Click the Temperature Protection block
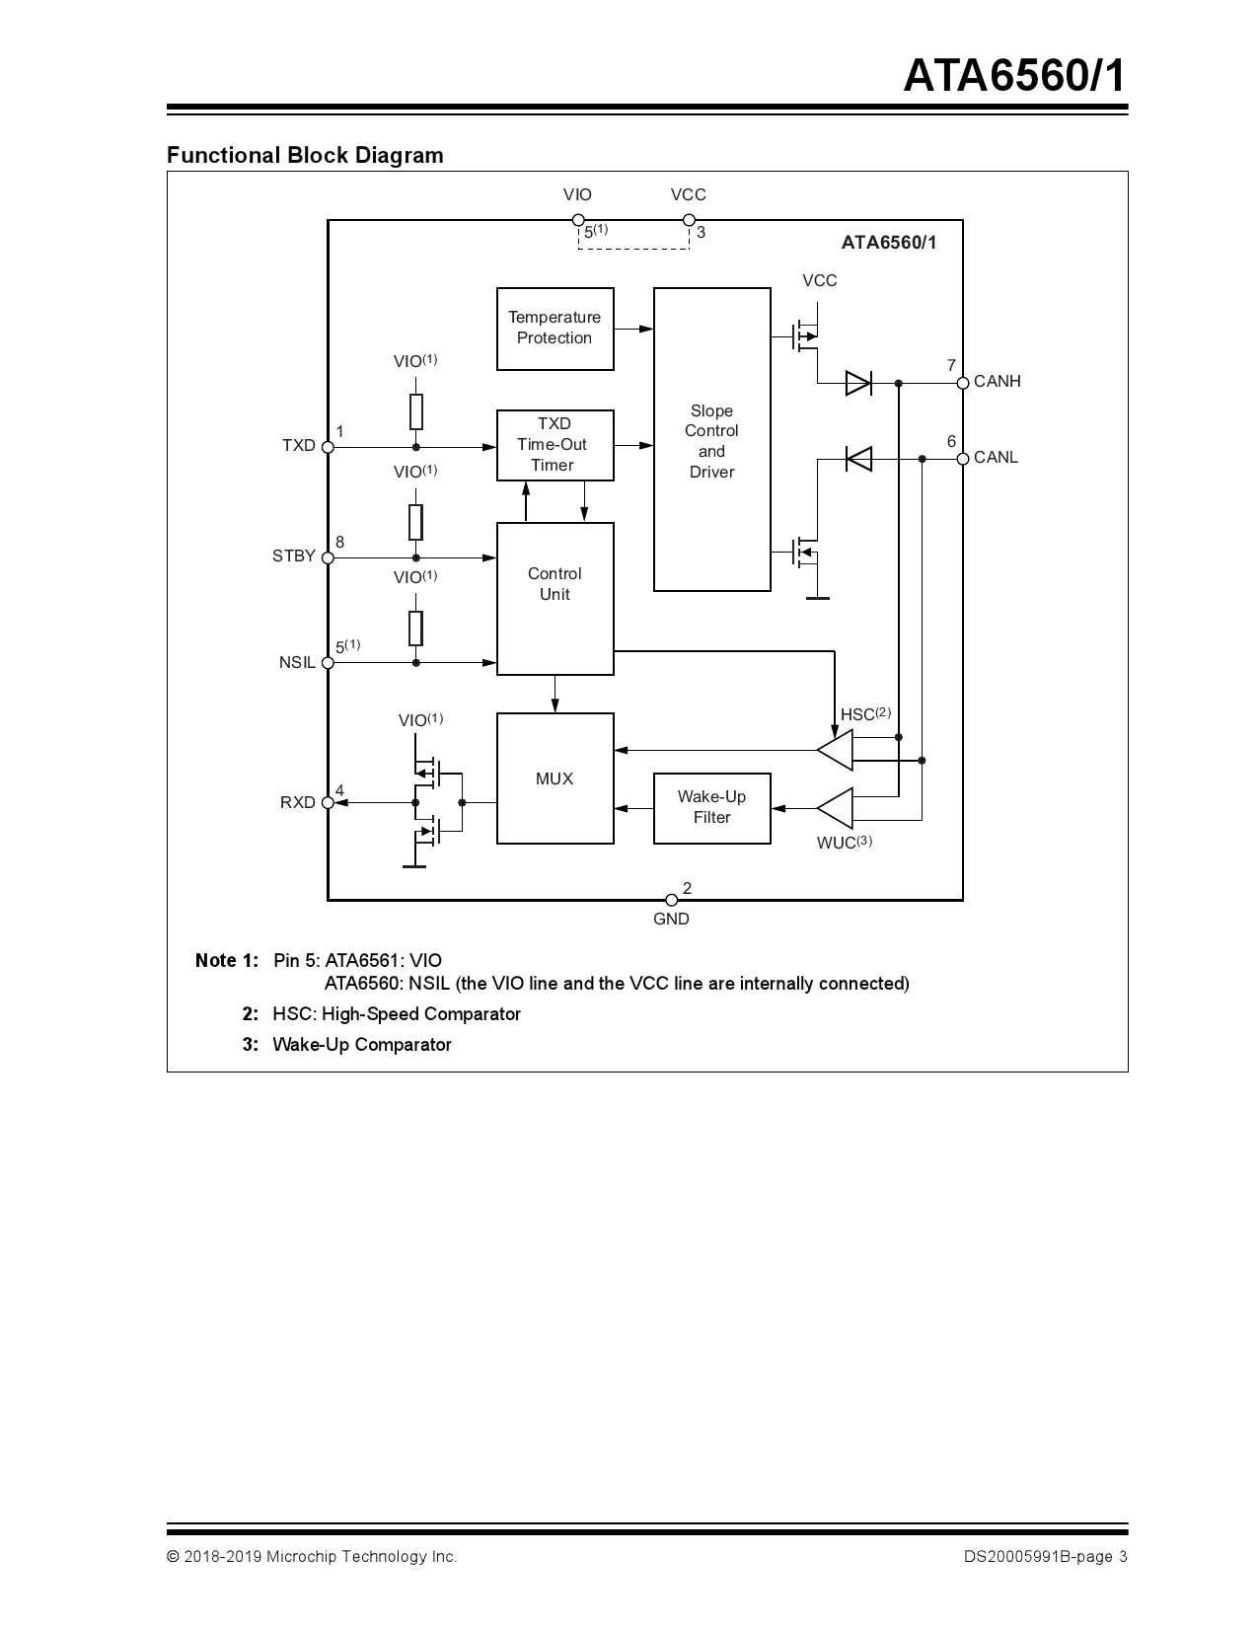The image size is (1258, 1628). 555,329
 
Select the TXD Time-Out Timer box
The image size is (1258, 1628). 555,445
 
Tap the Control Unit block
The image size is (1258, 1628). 555,598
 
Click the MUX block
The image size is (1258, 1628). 555,778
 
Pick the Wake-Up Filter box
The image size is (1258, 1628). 711,808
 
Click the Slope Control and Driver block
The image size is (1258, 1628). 711,440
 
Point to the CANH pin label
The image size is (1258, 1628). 997,382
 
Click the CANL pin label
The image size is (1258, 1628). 996,458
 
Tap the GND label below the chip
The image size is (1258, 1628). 671,920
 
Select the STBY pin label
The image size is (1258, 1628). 293,556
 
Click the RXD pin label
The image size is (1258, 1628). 297,803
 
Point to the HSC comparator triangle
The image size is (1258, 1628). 837,750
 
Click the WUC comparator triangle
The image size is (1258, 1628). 837,808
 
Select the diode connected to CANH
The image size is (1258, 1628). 858,383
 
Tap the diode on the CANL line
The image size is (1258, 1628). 858,458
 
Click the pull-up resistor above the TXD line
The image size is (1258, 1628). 416,411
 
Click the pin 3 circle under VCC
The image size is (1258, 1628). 688,220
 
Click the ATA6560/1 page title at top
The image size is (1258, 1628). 1013,77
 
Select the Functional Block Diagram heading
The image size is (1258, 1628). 305,155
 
